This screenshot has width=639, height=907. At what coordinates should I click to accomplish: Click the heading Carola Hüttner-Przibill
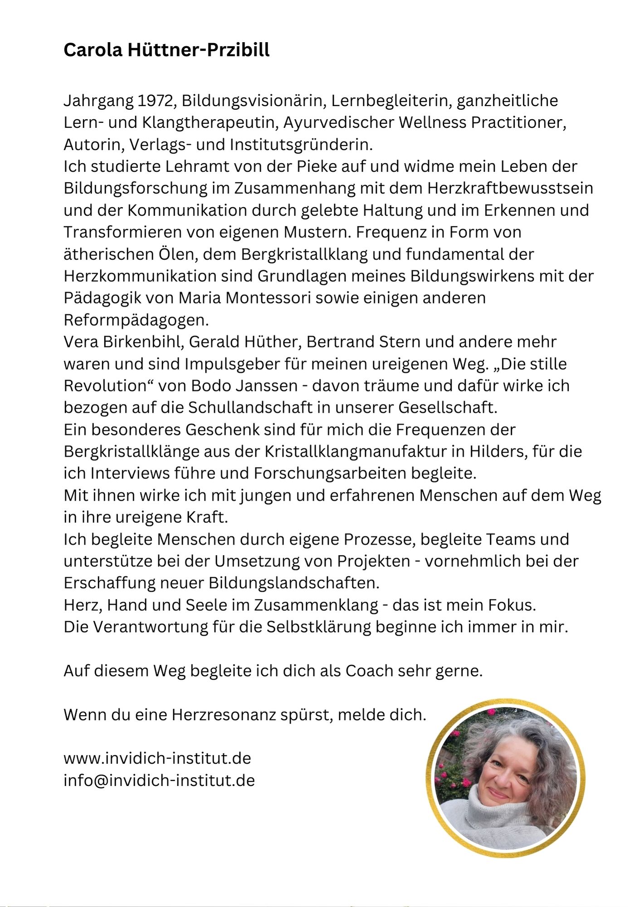[166, 50]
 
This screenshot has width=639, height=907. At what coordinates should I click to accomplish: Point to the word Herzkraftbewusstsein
[510, 188]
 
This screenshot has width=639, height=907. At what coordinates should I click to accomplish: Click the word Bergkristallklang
[304, 254]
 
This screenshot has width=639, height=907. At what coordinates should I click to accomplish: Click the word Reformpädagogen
[136, 320]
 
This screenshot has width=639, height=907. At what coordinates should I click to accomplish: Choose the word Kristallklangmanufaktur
[365, 452]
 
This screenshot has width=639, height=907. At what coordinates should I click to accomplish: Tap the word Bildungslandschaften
[293, 583]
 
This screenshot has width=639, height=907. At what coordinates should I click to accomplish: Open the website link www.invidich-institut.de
[157, 758]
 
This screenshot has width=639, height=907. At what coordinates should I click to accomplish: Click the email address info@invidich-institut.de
[159, 780]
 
